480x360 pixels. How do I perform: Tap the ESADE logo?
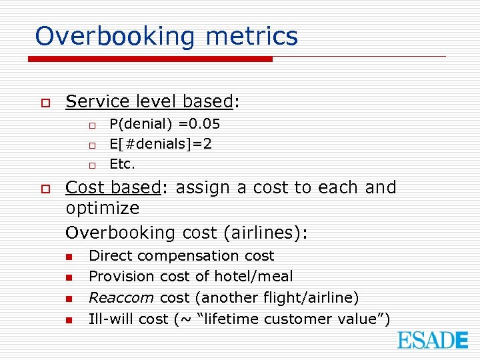pos(433,340)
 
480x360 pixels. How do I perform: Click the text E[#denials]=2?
pos(161,144)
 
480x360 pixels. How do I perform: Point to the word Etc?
pos(121,164)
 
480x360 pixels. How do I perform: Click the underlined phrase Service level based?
pos(149,101)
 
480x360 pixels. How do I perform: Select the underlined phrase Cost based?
pos(113,187)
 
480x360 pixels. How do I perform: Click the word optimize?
pos(103,209)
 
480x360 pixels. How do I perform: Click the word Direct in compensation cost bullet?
pos(111,256)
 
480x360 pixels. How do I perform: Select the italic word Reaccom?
pos(122,297)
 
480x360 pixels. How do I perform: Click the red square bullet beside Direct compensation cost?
pos(68,257)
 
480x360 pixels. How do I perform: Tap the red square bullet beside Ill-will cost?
pos(68,320)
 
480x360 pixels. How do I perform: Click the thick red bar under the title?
pos(150,59)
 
